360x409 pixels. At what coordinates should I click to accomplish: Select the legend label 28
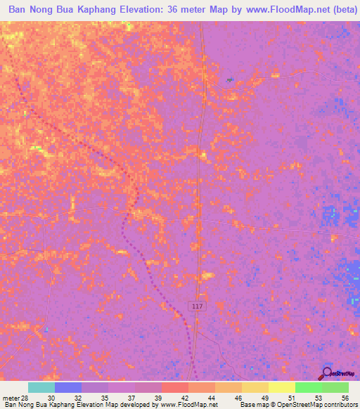tap(25, 397)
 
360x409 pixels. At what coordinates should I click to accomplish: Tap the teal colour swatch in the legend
tap(41, 387)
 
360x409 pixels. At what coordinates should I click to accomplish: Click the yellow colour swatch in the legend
tap(281, 387)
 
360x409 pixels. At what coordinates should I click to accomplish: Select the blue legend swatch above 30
tap(68, 387)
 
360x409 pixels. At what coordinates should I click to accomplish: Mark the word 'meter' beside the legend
tap(11, 397)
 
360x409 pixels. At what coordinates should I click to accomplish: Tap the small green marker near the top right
tap(230, 80)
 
